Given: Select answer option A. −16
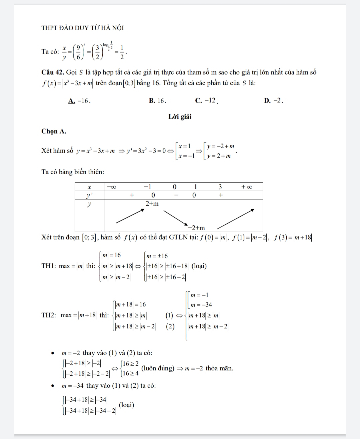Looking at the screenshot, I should click(79, 101).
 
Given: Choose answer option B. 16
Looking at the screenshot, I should click(157, 101).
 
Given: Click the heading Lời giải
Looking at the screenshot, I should click(180, 117).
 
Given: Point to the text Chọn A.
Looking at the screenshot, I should click(54, 131).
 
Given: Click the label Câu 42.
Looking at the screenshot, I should click(53, 72).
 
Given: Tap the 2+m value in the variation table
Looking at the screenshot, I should click(152, 204).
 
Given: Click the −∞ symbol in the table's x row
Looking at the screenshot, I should click(111, 187).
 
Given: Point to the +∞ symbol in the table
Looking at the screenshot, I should click(247, 187).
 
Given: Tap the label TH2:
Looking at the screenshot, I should click(49, 315).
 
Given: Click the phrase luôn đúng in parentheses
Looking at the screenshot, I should click(158, 369).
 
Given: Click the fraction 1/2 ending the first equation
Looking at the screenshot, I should click(122, 52).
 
